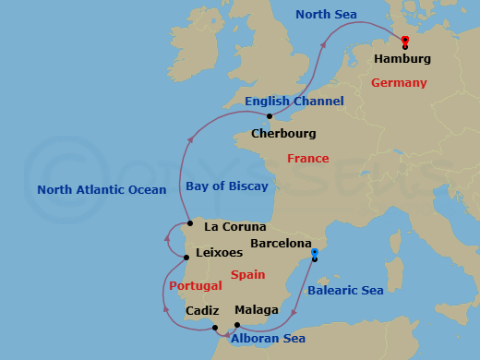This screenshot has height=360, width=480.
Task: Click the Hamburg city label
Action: click(402, 59)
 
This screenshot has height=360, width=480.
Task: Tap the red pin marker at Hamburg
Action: click(405, 40)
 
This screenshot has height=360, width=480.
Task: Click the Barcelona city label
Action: click(281, 244)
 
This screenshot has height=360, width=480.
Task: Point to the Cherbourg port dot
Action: click(268, 116)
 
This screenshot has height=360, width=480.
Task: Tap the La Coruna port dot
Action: click(188, 223)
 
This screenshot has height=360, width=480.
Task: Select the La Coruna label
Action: click(234, 226)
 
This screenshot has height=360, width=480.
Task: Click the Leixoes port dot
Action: click(186, 258)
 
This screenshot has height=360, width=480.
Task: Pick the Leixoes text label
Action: click(221, 251)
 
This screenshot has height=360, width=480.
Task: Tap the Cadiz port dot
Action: click(214, 328)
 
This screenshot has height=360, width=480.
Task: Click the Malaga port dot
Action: click(237, 325)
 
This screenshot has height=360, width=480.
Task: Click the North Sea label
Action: click(327, 14)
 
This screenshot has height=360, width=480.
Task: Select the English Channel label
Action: click(294, 101)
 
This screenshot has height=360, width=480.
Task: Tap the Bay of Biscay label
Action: click(227, 186)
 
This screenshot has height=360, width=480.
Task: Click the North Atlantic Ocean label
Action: click(102, 190)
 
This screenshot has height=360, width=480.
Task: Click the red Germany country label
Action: click(399, 83)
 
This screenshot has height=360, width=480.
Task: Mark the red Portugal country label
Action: click(195, 286)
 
